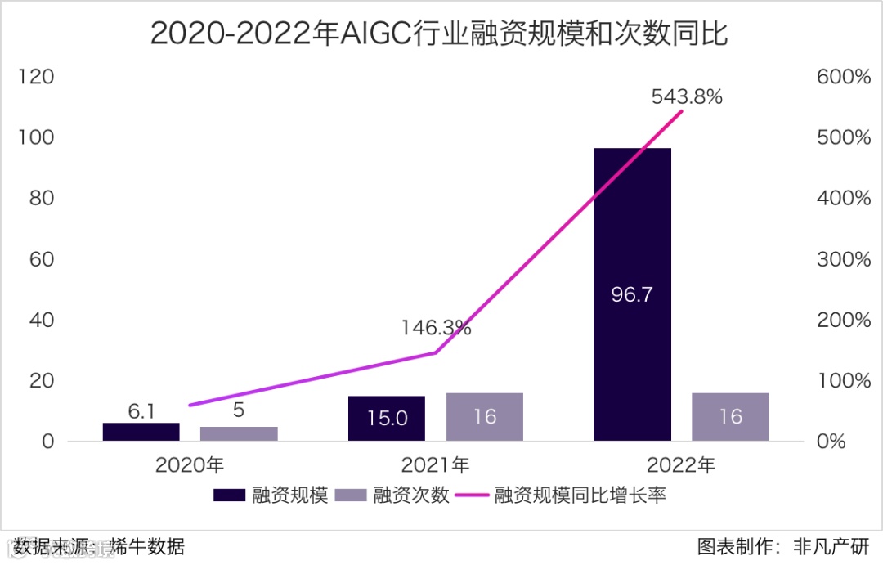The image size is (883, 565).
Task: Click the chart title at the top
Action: coord(439,34)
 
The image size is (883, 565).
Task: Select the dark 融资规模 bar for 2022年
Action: coord(632,245)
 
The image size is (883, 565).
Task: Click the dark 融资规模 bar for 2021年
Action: coord(387,418)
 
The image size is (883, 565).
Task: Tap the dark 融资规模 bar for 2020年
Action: coord(141,432)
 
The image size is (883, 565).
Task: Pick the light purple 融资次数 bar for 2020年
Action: coord(239,433)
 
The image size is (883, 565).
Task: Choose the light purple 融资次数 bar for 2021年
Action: coord(485,416)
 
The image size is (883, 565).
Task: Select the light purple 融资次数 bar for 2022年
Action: coord(730,416)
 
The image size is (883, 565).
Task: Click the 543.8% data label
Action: coord(687,96)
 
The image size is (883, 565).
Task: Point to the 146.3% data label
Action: coord(436,328)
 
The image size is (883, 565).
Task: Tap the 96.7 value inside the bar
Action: coord(632,294)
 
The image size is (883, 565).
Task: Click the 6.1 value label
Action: coord(141,411)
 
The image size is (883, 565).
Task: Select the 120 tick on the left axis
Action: coord(36,77)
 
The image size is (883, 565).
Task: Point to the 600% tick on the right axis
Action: coord(843,77)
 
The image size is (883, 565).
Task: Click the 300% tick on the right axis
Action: coord(843,259)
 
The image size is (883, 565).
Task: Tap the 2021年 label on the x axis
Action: coord(436,465)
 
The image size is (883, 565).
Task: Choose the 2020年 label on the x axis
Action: coord(190,465)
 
